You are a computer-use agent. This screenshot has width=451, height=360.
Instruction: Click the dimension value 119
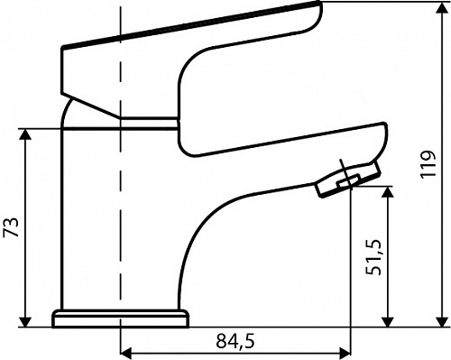click(428, 164)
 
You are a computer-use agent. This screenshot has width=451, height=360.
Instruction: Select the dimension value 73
click(11, 226)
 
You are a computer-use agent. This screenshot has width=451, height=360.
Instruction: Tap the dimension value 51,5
click(373, 257)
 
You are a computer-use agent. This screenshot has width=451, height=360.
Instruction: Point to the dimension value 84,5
click(235, 341)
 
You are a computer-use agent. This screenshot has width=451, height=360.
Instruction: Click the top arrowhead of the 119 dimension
click(442, 8)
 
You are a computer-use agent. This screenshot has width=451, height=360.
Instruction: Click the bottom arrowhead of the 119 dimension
click(442, 321)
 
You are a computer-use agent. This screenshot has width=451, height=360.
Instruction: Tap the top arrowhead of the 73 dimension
click(25, 134)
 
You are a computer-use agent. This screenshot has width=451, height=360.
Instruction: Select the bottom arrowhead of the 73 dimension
click(25, 321)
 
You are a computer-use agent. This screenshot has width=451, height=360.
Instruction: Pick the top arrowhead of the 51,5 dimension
click(388, 192)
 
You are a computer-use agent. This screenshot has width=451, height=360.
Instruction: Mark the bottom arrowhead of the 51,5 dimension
click(388, 321)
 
